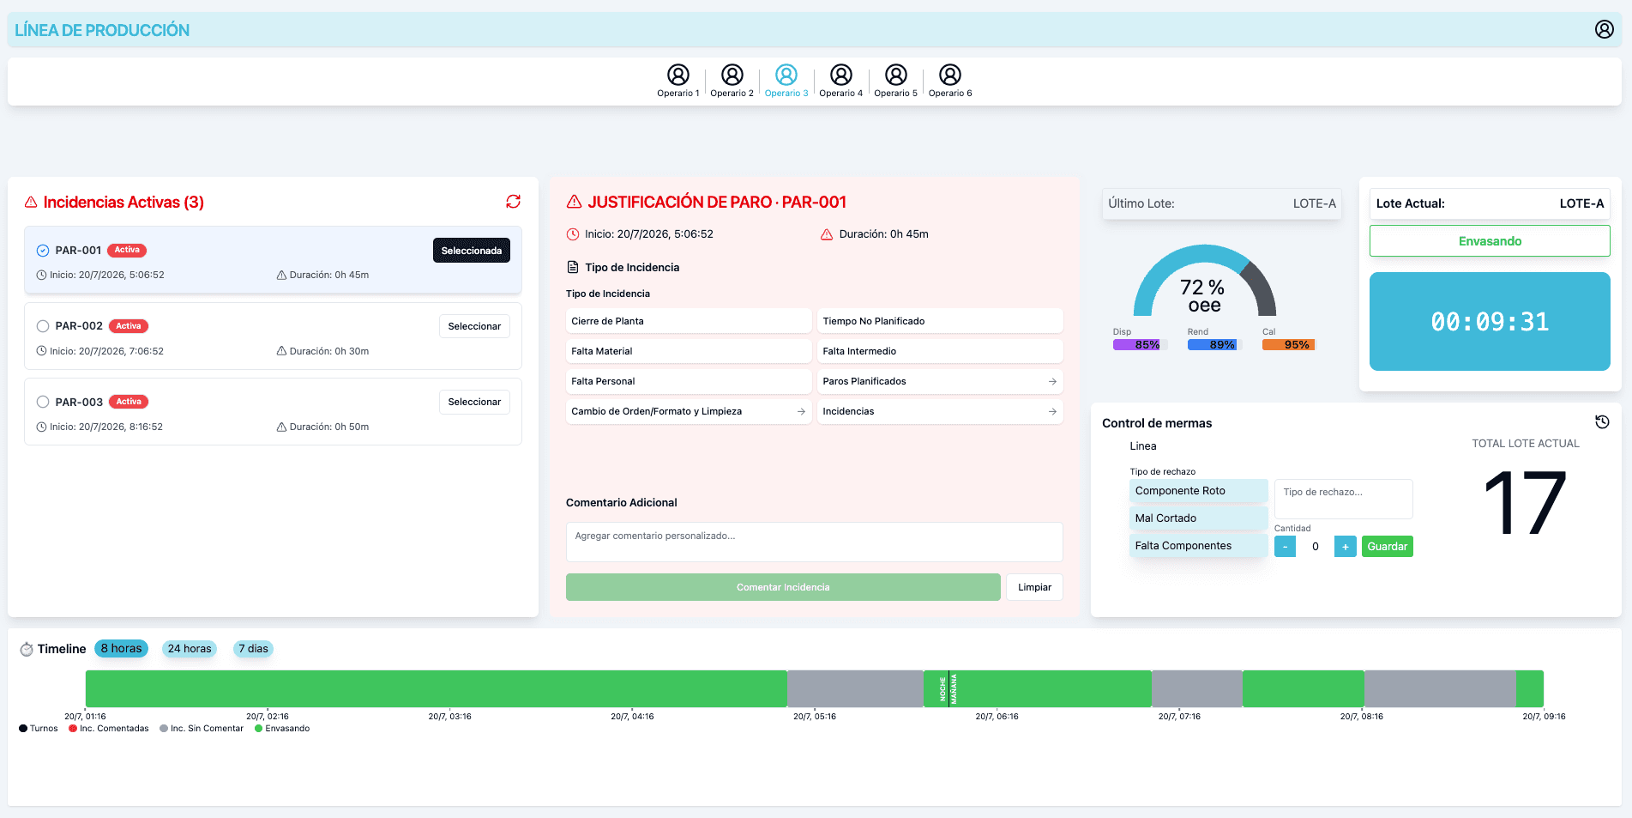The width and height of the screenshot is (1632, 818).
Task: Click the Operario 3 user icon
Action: (786, 75)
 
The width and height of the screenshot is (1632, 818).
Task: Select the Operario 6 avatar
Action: (950, 75)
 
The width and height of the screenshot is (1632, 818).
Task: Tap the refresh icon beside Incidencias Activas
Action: (513, 201)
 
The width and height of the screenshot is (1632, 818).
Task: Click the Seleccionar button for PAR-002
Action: (474, 326)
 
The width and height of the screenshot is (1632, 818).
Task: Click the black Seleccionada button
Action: (472, 251)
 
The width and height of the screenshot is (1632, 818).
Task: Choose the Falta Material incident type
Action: (689, 351)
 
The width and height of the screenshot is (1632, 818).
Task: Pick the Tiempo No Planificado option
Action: (940, 321)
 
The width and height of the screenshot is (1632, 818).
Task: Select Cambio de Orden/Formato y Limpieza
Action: (689, 411)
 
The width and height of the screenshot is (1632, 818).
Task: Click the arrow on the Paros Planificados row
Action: (1052, 381)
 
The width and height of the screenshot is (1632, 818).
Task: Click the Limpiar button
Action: (1034, 587)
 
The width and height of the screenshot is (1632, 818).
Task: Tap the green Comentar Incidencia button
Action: (783, 587)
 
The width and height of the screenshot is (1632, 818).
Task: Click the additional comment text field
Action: (815, 542)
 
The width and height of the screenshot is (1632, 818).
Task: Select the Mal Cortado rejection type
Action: (1198, 518)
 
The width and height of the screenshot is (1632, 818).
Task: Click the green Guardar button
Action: (1387, 547)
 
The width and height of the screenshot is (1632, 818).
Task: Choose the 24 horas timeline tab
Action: (190, 649)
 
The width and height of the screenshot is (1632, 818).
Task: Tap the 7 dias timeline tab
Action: (253, 649)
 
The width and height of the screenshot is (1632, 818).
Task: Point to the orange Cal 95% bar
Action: (1288, 345)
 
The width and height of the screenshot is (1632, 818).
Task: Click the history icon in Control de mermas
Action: (1602, 421)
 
